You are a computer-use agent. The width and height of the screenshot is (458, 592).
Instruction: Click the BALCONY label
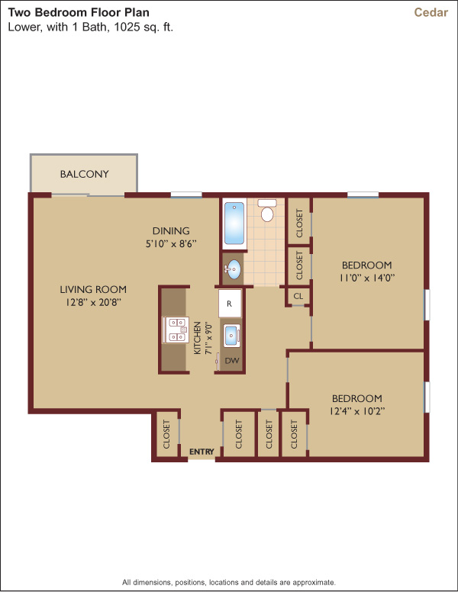pos(84,174)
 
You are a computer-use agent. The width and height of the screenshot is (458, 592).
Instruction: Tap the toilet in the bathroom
pos(267,211)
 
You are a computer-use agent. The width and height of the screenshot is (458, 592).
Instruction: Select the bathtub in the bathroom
pos(234,224)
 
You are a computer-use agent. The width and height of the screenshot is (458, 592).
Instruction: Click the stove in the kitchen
pos(176,330)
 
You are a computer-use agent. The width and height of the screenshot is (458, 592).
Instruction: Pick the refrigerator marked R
pos(230,304)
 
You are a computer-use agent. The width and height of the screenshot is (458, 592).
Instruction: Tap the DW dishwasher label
pos(232,361)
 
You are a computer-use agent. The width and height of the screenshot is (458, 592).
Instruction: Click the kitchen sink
pos(231,336)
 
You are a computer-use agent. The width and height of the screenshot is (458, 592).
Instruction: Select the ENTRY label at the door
pos(202,452)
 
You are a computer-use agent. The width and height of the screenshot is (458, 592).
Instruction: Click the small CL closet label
pos(298,296)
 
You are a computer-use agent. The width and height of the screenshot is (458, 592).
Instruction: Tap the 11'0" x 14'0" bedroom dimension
pos(367,278)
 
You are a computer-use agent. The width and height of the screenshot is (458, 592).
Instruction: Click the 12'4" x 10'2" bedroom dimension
pos(357,411)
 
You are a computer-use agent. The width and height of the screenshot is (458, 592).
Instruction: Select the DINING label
pos(171,230)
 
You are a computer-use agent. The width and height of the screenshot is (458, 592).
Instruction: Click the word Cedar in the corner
pos(431,12)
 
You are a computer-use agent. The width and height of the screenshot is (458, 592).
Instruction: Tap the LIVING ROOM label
pos(93,290)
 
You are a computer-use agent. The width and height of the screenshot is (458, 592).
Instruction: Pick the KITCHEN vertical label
pos(197,338)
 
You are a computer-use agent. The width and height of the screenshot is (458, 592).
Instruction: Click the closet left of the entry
pos(166,434)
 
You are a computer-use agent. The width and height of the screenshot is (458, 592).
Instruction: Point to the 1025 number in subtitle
pos(127,27)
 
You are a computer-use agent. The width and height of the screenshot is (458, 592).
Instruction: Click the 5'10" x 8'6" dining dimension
pos(171,244)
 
